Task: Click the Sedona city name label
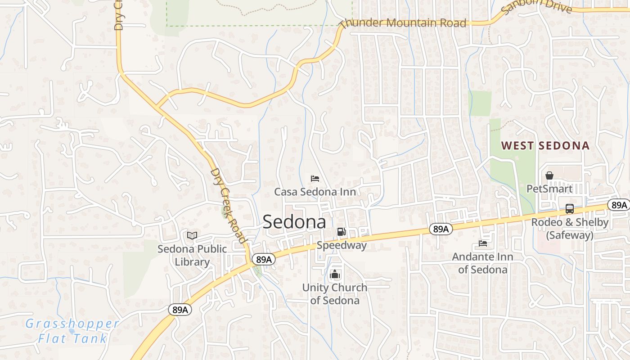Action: click(294, 221)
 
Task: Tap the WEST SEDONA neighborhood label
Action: click(545, 145)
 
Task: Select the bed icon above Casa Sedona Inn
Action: click(315, 179)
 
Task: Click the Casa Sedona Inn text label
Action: click(315, 192)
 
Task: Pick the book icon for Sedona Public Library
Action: click(192, 235)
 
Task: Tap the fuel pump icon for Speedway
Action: click(342, 232)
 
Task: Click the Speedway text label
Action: click(342, 245)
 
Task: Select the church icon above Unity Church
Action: click(335, 274)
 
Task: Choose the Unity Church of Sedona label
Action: click(335, 294)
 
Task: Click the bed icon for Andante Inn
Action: click(482, 243)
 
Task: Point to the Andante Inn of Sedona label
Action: click(482, 263)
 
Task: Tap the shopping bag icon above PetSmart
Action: click(549, 175)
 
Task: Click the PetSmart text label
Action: click(550, 189)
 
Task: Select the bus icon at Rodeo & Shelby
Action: click(570, 209)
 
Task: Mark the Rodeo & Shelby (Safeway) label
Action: click(570, 229)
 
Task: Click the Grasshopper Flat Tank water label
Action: click(72, 331)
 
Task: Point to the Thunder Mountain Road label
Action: click(403, 22)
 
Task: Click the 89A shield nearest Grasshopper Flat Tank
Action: click(180, 310)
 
